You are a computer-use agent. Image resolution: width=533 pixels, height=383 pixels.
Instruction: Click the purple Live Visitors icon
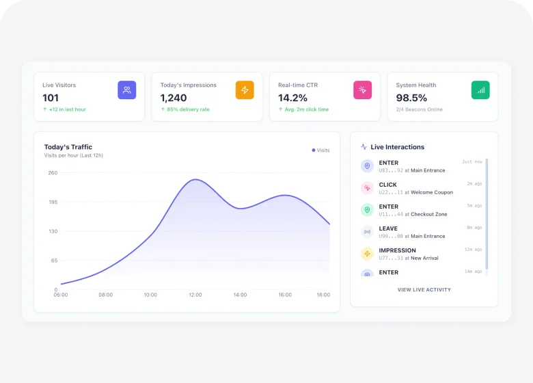[x=126, y=90]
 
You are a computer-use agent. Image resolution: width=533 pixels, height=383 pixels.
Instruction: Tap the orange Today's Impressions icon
[x=245, y=90]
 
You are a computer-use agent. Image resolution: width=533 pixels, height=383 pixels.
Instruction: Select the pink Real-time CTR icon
[x=362, y=90]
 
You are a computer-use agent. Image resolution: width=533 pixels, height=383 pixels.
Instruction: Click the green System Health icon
[x=480, y=90]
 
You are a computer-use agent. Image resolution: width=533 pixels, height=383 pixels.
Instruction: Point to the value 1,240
[x=174, y=98]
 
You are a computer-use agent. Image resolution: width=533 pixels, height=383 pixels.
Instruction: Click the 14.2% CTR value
[x=292, y=98]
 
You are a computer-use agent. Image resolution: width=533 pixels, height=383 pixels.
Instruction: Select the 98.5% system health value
[x=411, y=98]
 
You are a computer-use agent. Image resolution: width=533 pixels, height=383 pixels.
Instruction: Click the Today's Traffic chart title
[x=68, y=147]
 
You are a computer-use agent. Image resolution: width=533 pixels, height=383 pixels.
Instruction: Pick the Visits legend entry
[x=321, y=150]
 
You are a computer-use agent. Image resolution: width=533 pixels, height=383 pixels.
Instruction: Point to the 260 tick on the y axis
[x=53, y=173]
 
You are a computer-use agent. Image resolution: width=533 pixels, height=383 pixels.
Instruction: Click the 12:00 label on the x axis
[x=195, y=295]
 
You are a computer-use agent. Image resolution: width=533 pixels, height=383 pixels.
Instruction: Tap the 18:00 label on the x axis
[x=323, y=295]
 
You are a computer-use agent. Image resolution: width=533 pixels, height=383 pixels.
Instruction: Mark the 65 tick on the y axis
[x=54, y=261]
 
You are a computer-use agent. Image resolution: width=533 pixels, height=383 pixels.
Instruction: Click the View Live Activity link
[x=424, y=290]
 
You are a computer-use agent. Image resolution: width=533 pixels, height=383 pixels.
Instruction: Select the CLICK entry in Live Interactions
[x=388, y=185]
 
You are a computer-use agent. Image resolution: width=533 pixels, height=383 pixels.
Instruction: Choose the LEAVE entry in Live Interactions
[x=388, y=228]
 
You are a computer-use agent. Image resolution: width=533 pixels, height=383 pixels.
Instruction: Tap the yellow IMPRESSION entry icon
[x=367, y=254]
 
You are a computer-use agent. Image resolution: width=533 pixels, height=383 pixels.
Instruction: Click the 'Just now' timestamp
[x=472, y=162]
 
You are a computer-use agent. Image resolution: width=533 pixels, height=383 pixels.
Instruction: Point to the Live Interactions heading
[x=397, y=147]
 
